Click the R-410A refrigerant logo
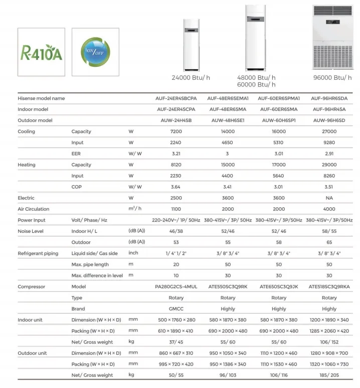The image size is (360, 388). click(41, 52)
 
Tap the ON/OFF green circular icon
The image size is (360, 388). click(95, 52)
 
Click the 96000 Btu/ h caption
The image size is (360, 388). click(332, 78)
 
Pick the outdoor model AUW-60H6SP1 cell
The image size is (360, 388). click(279, 120)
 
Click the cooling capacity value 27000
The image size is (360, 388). click(329, 132)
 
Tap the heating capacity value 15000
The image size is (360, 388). click(228, 165)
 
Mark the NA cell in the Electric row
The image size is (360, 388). click(329, 198)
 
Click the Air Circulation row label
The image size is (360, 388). click(33, 209)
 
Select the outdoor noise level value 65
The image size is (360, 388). click(329, 242)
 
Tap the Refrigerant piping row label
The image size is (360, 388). click(38, 253)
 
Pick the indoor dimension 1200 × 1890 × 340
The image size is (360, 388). click(329, 320)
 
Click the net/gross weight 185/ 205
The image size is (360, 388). click(329, 375)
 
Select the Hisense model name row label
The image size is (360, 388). click(41, 98)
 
